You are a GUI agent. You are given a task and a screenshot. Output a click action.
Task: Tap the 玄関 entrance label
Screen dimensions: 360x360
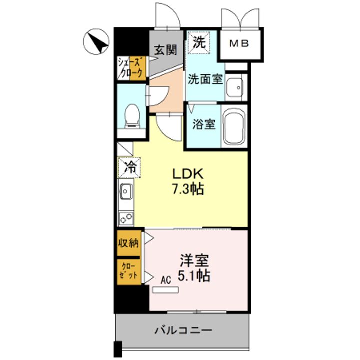pos(165,50)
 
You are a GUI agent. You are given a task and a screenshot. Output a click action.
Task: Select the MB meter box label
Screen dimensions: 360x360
pos(239,43)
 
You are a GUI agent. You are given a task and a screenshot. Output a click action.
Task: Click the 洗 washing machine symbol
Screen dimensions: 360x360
pos(199,42)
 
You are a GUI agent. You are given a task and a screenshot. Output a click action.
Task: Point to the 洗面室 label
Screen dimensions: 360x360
pos(205,79)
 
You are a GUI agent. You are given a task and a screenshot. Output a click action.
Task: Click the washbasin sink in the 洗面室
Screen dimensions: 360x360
pos(234,87)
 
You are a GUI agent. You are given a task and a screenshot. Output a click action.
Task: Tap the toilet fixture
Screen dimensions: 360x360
pos(132,116)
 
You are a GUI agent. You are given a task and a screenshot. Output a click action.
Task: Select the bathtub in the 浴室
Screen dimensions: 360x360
pos(234,126)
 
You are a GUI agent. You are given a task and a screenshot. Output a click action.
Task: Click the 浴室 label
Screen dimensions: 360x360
pos(204,124)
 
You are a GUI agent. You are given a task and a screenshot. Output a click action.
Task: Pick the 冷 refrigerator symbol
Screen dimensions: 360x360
pos(129,168)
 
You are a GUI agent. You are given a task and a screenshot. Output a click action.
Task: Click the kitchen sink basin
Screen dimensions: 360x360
pos(125,191)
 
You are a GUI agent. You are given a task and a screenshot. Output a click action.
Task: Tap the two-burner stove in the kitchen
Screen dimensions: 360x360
pos(126,219)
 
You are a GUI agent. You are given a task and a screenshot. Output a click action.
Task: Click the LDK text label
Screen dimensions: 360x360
pos(188,174)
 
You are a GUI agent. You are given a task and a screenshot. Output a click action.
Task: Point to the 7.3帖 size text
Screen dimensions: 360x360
pos(188,189)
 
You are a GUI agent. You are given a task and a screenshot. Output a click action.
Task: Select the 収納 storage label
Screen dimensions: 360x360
pos(129,243)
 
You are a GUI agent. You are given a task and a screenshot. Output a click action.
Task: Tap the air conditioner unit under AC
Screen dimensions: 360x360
pos(166,290)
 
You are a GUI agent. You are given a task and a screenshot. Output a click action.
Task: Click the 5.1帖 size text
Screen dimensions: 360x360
pos(194,275)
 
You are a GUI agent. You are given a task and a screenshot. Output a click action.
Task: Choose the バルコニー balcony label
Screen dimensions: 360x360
pos(183,331)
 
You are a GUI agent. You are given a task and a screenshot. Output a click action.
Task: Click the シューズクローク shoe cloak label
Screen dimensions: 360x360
pos(130,68)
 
